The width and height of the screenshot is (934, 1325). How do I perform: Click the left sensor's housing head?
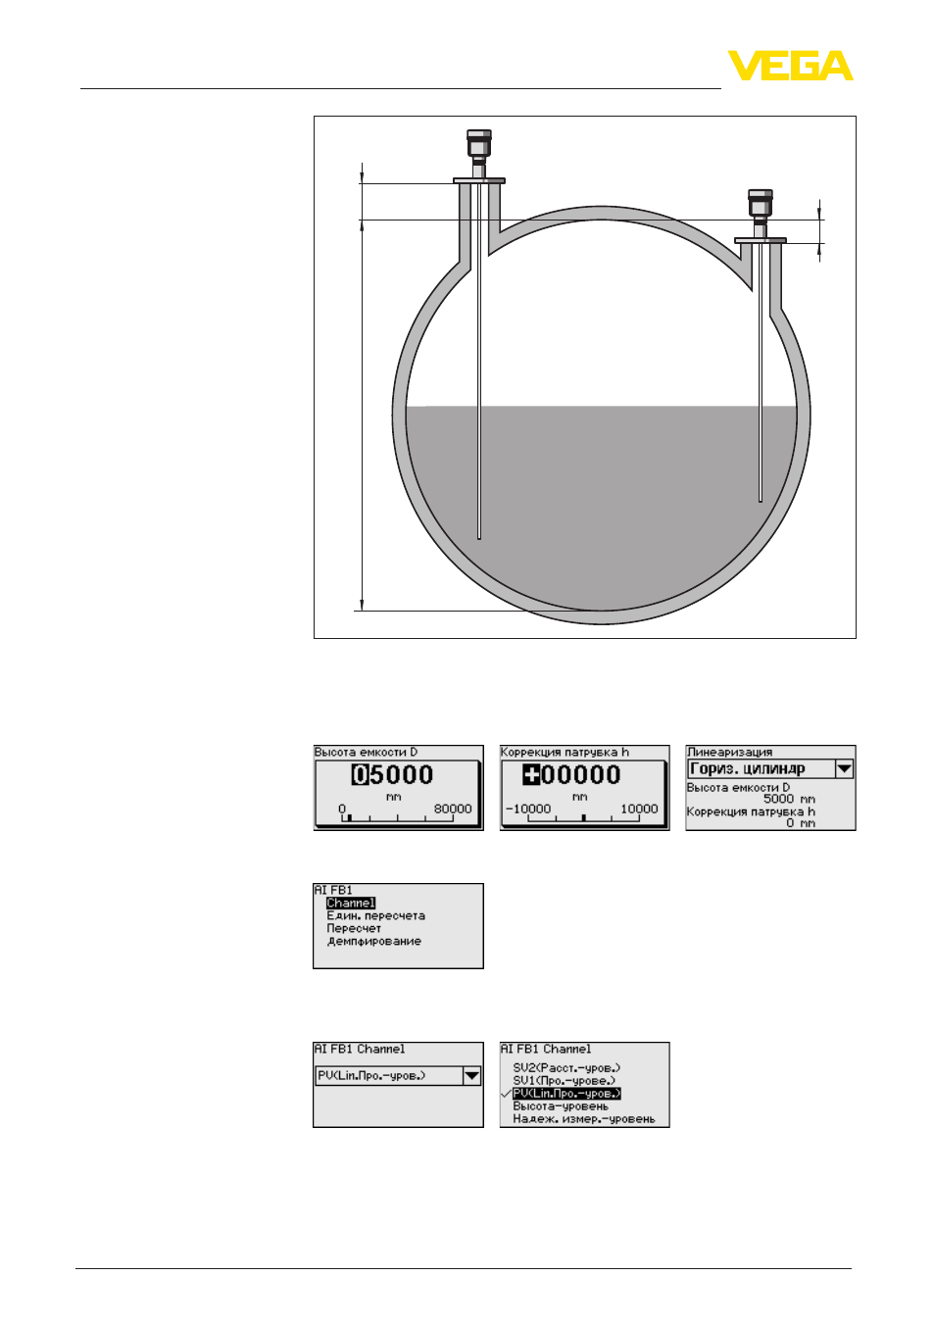pyautogui.click(x=478, y=143)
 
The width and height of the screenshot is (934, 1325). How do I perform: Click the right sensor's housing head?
pyautogui.click(x=761, y=203)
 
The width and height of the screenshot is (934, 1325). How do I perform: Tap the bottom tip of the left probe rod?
pyautogui.click(x=479, y=538)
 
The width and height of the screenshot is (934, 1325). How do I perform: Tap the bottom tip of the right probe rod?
pyautogui.click(x=761, y=502)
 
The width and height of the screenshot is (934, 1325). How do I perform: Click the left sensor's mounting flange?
pyautogui.click(x=479, y=180)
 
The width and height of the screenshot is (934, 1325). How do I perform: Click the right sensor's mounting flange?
pyautogui.click(x=761, y=240)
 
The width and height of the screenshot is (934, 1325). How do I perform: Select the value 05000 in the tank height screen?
pyautogui.click(x=393, y=775)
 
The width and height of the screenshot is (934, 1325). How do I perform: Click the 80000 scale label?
pyautogui.click(x=453, y=809)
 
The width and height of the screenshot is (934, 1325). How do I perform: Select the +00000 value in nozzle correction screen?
pyautogui.click(x=571, y=775)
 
